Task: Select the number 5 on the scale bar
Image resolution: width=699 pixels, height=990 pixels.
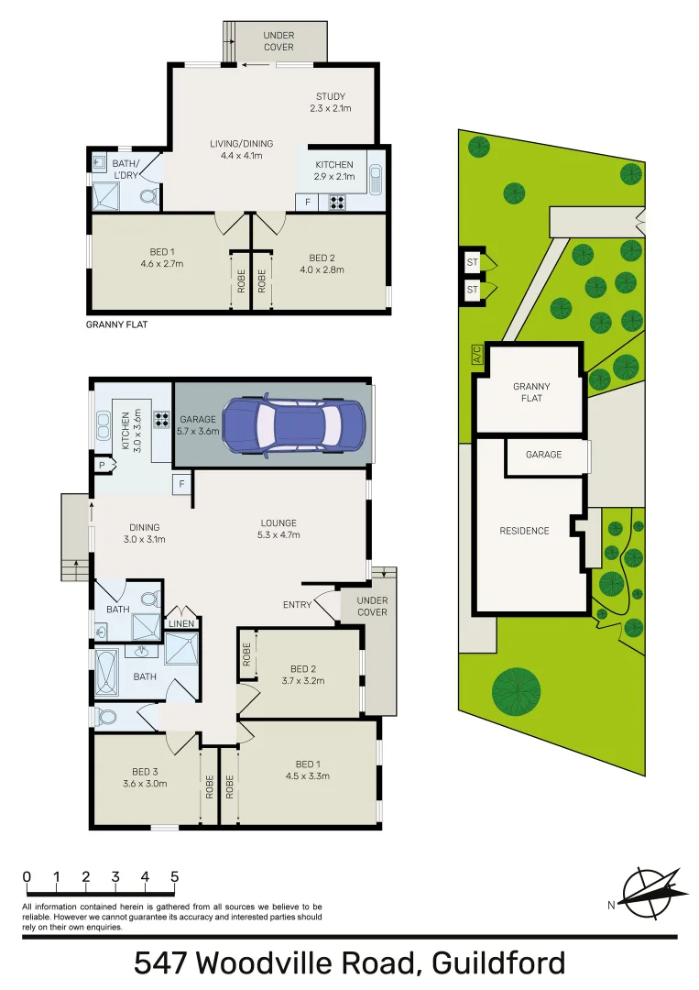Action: [174, 877]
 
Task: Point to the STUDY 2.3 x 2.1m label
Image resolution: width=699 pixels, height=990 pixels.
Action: [330, 103]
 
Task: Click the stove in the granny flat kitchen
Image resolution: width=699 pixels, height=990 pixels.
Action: [336, 203]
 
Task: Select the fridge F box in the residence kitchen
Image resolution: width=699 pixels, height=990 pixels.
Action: [181, 483]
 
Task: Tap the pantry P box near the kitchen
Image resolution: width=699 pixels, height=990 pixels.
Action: [102, 467]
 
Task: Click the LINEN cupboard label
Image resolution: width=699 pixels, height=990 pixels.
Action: [180, 624]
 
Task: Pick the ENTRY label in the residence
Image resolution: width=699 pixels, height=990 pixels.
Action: [296, 604]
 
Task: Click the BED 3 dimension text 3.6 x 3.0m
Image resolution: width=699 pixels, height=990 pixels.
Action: [145, 783]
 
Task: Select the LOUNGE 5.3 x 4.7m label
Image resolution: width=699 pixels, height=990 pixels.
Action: [279, 529]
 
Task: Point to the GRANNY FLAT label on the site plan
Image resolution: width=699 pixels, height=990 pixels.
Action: [529, 392]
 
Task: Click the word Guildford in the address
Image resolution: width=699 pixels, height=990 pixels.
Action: [498, 964]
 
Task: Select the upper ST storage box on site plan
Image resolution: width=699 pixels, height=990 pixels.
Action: [473, 262]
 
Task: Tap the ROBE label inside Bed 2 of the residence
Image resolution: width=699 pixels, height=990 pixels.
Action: [246, 654]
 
